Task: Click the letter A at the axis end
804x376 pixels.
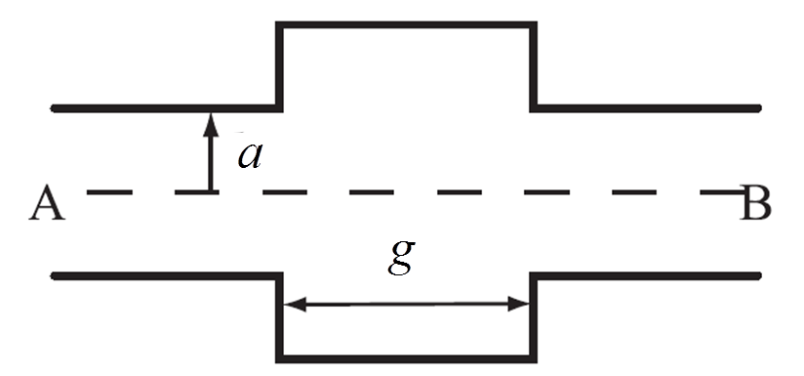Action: pos(48,206)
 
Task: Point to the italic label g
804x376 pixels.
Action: pos(401,257)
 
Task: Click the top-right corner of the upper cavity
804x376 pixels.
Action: pos(533,23)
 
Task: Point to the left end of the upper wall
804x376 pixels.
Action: pos(55,107)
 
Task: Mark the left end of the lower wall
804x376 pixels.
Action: pos(55,276)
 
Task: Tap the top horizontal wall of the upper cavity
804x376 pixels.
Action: pos(407,23)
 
